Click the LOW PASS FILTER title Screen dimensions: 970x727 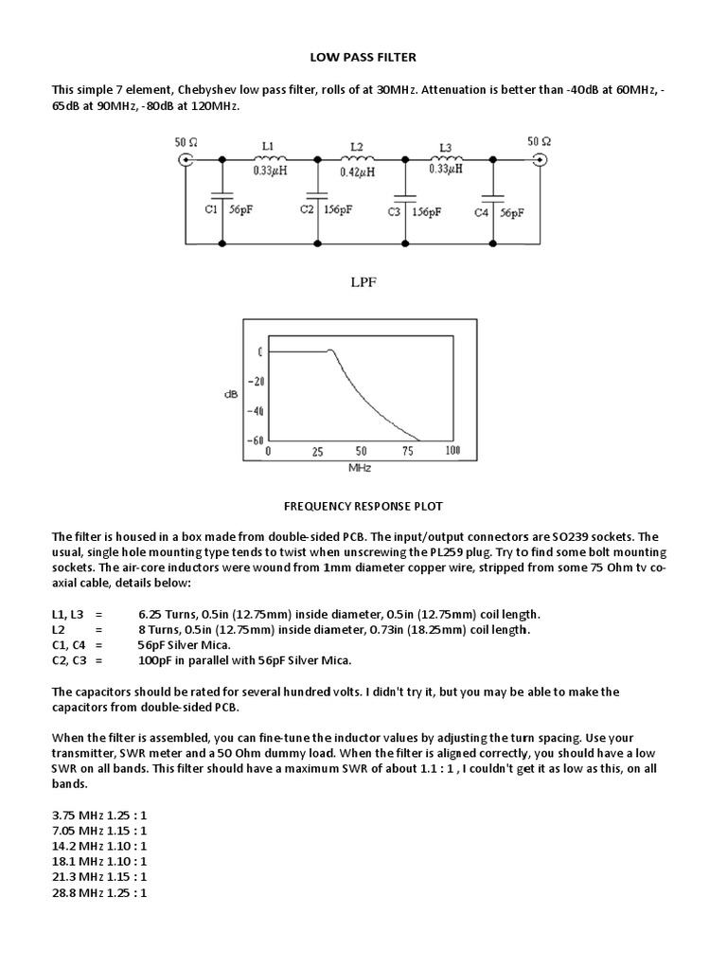coord(363,58)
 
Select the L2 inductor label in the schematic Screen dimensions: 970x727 coord(356,147)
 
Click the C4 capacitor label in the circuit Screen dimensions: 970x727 coord(483,213)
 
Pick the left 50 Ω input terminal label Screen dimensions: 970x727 coord(186,142)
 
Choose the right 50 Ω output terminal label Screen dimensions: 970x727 coord(540,142)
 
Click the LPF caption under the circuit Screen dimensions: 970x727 coord(363,281)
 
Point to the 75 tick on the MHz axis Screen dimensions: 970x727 coord(408,452)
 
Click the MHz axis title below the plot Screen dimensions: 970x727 coord(359,467)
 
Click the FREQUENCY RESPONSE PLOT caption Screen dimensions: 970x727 coord(363,506)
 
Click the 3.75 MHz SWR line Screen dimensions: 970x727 coord(99,812)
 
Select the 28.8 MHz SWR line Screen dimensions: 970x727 coord(99,892)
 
